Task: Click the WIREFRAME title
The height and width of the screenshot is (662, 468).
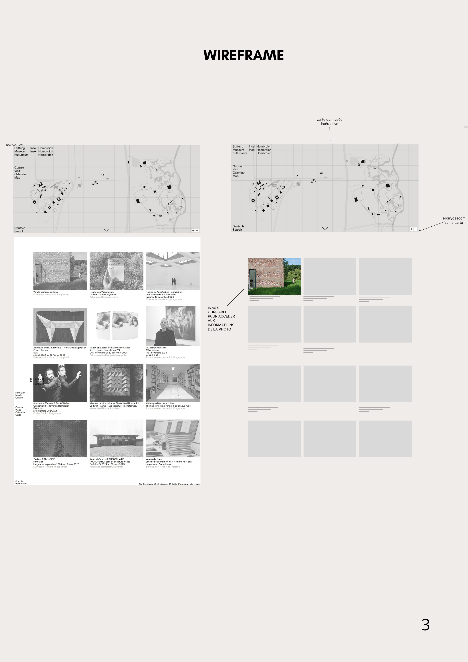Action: click(x=244, y=55)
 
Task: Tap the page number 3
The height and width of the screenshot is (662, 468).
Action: click(x=425, y=625)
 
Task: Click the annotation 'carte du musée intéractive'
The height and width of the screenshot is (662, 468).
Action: click(x=329, y=122)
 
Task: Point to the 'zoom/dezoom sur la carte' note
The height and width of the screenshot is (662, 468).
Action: click(x=454, y=220)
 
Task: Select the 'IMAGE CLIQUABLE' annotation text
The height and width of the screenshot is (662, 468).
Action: click(x=221, y=318)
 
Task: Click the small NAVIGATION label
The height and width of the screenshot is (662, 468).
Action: click(x=14, y=145)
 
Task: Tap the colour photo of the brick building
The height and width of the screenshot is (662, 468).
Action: click(x=274, y=276)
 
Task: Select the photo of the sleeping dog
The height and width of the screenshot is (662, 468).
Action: click(x=117, y=326)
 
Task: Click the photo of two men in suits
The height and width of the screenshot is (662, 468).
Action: click(x=60, y=383)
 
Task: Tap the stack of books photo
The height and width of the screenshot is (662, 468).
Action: click(x=172, y=439)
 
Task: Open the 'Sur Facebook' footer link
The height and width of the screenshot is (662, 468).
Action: click(x=146, y=484)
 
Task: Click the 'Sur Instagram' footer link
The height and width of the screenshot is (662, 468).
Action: click(x=161, y=484)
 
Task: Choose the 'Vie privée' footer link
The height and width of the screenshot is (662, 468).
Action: click(x=195, y=484)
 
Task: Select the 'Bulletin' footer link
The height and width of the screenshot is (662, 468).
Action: click(x=173, y=484)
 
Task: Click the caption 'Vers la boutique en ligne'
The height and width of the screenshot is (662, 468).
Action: click(x=46, y=292)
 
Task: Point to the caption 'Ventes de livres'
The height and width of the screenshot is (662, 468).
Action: click(x=154, y=459)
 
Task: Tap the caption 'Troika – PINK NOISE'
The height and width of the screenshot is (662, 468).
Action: click(x=44, y=459)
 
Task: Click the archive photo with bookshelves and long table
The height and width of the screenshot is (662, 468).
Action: click(x=172, y=383)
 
